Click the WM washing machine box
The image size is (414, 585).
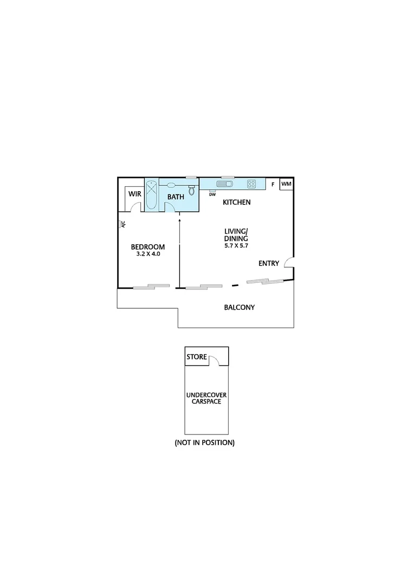286,184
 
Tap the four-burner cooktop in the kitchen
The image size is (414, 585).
251,184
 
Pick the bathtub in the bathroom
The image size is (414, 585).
151,196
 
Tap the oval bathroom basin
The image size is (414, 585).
171,185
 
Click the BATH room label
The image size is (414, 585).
176,197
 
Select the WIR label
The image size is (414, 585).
134,194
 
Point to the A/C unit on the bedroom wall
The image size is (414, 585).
122,223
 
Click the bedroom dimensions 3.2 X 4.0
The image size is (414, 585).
147,253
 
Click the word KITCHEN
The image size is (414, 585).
237,203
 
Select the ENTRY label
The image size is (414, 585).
269,264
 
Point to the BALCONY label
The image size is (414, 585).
240,308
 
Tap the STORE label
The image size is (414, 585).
197,357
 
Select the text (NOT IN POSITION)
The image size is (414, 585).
204,443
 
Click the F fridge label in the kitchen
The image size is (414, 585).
273,184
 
